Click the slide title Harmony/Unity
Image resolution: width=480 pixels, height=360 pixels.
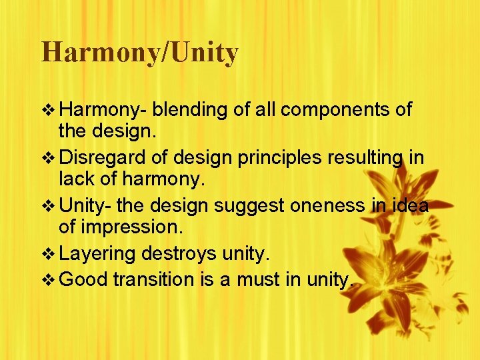(x=139, y=52)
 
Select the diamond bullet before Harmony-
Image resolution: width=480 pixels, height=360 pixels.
(x=47, y=109)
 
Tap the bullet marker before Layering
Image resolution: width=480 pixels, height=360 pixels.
(x=47, y=254)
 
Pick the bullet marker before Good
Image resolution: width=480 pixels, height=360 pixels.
(x=47, y=279)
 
